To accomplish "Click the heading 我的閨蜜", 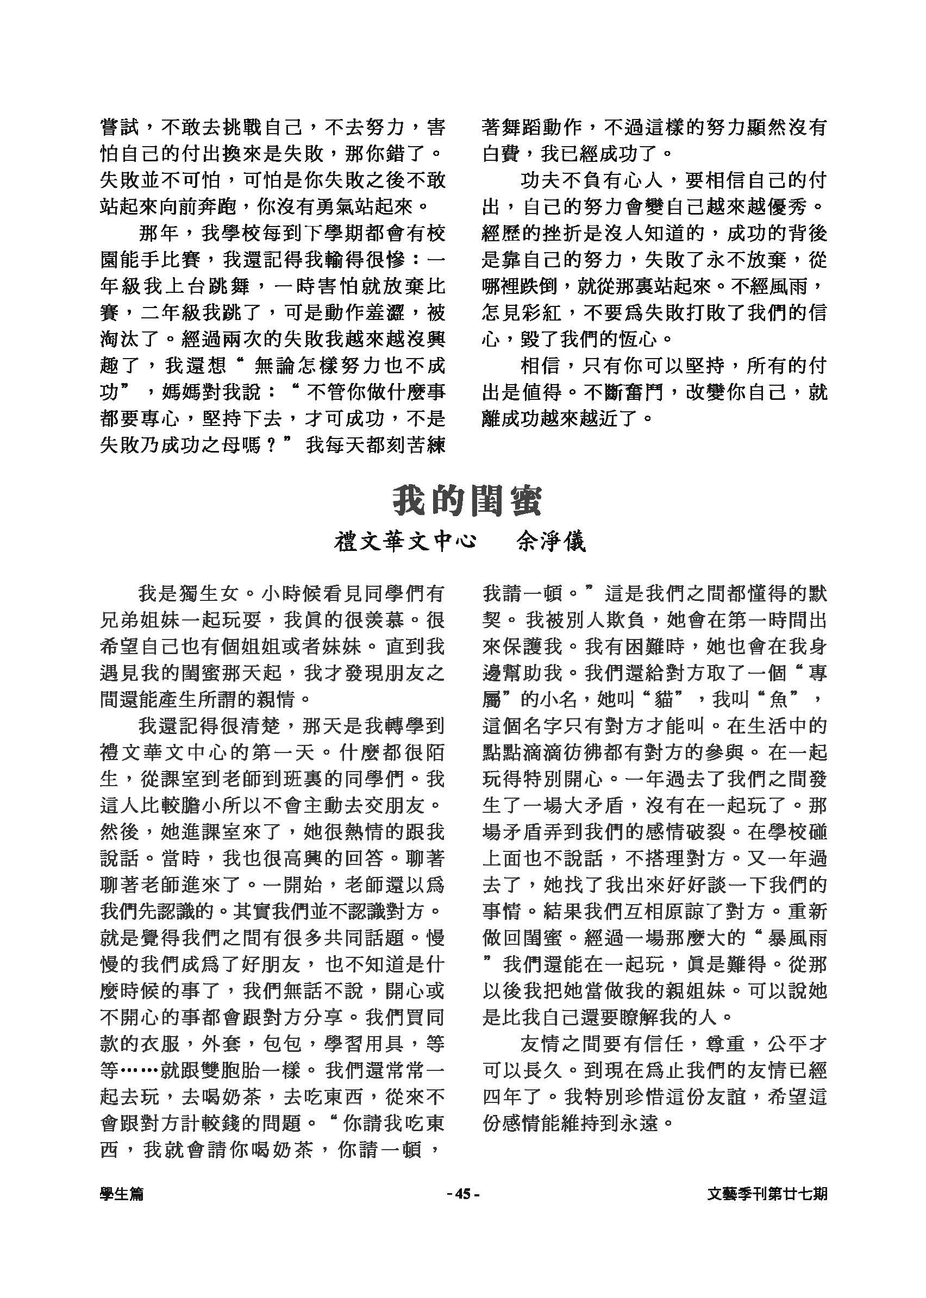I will pyautogui.click(x=466, y=501).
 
